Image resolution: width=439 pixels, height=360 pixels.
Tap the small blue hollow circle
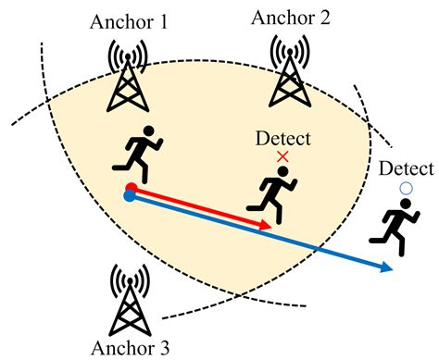point(405,189)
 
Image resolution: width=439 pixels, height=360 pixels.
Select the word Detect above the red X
point(282,139)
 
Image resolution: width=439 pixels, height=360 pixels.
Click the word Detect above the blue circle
point(405,169)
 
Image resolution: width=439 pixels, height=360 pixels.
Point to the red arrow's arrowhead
point(267,225)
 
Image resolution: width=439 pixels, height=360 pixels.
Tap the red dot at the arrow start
point(132,188)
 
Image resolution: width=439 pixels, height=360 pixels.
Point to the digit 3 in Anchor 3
point(164,347)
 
